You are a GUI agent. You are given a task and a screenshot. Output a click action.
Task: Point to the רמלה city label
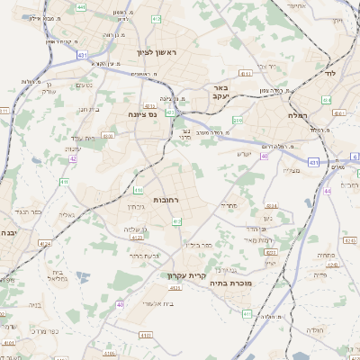point(298,115)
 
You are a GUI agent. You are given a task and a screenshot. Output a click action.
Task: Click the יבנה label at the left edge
point(7,233)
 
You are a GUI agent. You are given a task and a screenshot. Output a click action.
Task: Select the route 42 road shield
point(73,159)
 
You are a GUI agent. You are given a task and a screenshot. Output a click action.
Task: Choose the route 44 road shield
point(328,191)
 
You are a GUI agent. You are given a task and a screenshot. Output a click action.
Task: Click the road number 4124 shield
point(45,243)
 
